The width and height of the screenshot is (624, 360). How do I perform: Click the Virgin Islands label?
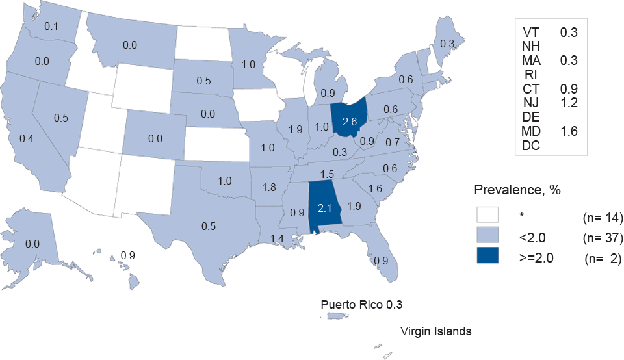point(435,331)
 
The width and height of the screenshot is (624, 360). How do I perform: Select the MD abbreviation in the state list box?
point(533,131)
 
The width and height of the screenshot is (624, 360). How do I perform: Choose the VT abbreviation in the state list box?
point(531,31)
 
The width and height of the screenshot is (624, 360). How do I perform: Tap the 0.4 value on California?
point(27,138)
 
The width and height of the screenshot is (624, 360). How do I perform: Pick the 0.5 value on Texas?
point(208,227)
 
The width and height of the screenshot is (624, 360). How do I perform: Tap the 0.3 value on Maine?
point(447,44)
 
